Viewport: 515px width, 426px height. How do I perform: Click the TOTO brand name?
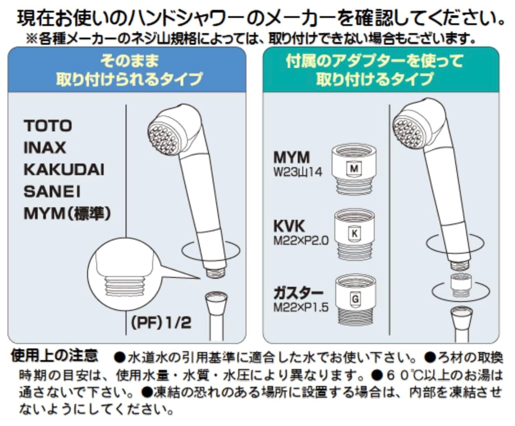pyautogui.click(x=48, y=126)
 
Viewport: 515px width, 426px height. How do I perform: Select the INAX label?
pyautogui.click(x=45, y=148)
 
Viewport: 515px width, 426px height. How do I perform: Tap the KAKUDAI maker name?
pyautogui.click(x=64, y=170)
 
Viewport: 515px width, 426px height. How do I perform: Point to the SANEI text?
pyautogui.click(x=52, y=192)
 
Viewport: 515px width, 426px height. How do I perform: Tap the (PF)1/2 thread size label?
pyautogui.click(x=161, y=322)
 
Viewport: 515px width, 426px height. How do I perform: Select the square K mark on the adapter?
pyautogui.click(x=354, y=233)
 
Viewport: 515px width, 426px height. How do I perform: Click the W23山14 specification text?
pyautogui.click(x=298, y=173)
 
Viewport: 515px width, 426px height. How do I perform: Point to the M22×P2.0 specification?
pyautogui.click(x=301, y=241)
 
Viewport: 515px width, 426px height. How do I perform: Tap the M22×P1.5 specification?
pyautogui.click(x=301, y=307)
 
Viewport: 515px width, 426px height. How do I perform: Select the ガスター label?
pyautogui.click(x=298, y=293)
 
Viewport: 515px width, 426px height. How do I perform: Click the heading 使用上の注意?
pyautogui.click(x=54, y=356)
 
